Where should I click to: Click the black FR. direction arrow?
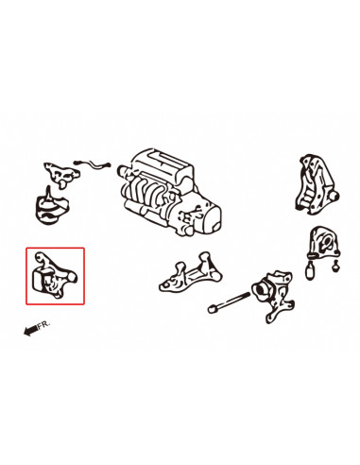(x=31, y=330)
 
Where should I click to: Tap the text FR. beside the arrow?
(x=43, y=325)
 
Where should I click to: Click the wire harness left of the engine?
(x=92, y=164)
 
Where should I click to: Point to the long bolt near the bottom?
(x=229, y=301)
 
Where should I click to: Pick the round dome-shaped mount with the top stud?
(x=51, y=206)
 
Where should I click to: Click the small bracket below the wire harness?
(x=61, y=174)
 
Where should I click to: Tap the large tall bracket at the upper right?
(x=316, y=184)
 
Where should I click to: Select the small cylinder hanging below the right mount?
(x=310, y=270)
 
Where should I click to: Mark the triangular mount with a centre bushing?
(x=324, y=242)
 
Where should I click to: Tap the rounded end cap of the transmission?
(x=214, y=217)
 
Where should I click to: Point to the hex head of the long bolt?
(x=213, y=309)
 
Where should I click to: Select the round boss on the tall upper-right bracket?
(x=334, y=197)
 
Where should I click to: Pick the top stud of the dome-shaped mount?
(x=48, y=192)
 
